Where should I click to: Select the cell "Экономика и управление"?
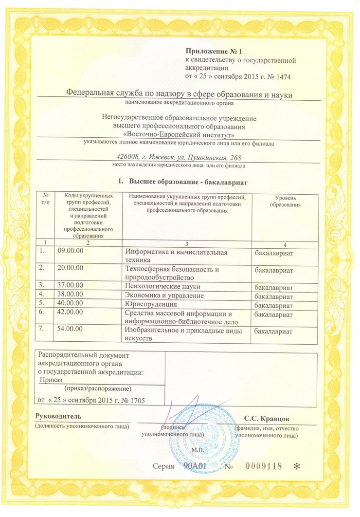(x=164, y=295)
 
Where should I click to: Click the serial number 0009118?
(x=264, y=466)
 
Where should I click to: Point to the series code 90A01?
(x=196, y=466)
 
